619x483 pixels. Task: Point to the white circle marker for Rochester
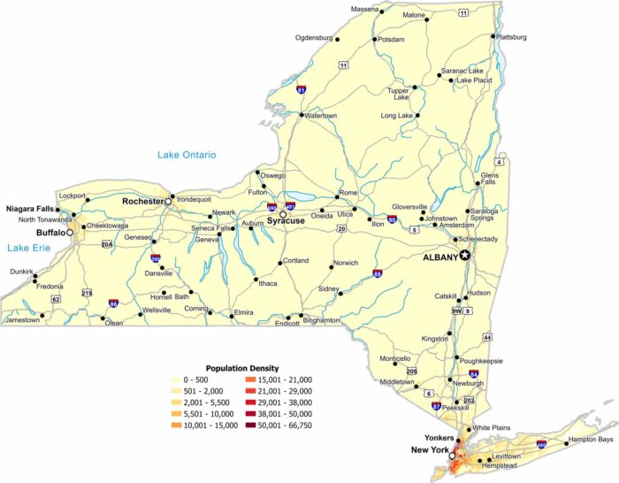(168, 202)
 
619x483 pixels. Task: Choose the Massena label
(364, 9)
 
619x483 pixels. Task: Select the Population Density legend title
(242, 368)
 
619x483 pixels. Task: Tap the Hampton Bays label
(591, 440)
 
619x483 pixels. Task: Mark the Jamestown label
(23, 320)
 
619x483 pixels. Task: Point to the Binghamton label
(321, 320)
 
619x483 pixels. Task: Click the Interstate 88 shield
(378, 273)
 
